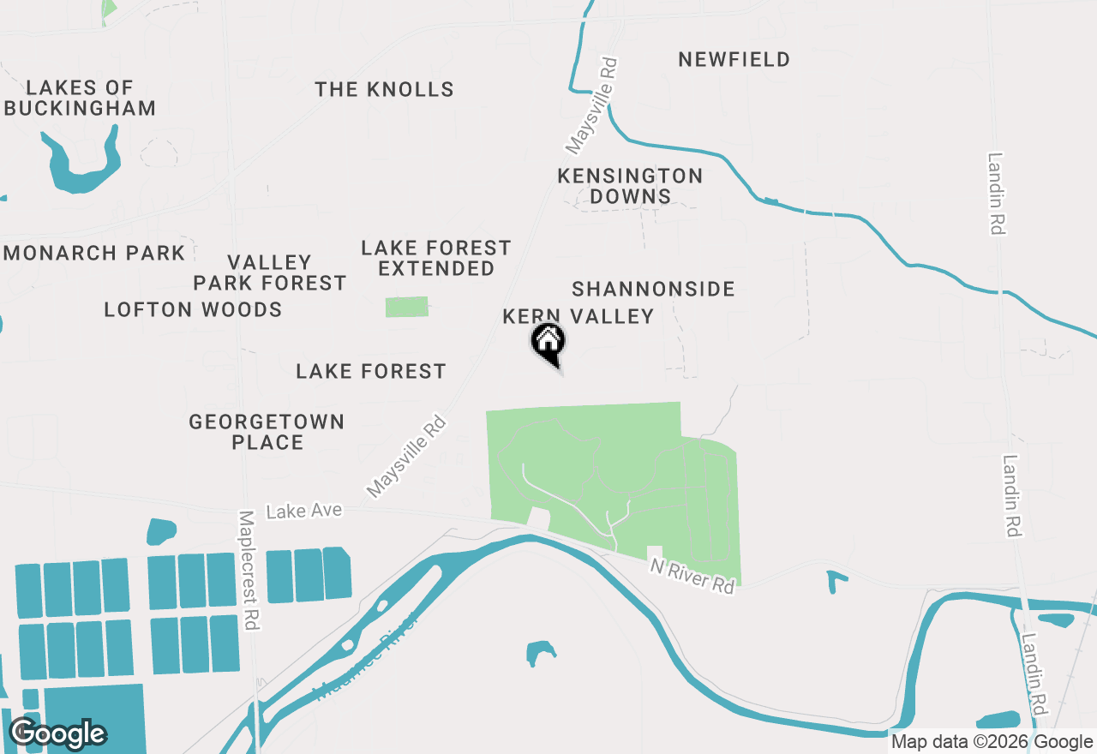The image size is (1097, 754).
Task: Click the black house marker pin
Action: (x=549, y=343)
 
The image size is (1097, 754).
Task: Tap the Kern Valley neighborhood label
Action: (x=578, y=316)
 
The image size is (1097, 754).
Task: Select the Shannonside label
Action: (x=653, y=289)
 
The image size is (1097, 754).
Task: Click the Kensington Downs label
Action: (x=630, y=186)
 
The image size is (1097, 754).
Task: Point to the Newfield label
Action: (x=734, y=59)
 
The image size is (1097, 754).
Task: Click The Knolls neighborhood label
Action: (x=384, y=89)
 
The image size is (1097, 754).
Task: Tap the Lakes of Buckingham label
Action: (x=80, y=98)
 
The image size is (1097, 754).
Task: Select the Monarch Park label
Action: (x=94, y=253)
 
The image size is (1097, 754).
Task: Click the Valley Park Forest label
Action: (x=269, y=272)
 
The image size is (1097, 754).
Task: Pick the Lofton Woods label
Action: (x=193, y=309)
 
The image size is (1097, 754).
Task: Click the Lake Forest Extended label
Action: (x=436, y=258)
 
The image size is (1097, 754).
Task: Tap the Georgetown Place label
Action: (x=267, y=432)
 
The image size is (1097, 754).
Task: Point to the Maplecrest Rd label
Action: (x=248, y=571)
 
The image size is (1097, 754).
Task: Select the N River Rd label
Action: (x=692, y=576)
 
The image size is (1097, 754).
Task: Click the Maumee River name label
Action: (x=368, y=656)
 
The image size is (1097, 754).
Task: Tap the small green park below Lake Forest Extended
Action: (x=406, y=307)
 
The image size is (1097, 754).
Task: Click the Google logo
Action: (x=57, y=733)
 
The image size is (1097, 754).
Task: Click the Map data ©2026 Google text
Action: (x=991, y=742)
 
